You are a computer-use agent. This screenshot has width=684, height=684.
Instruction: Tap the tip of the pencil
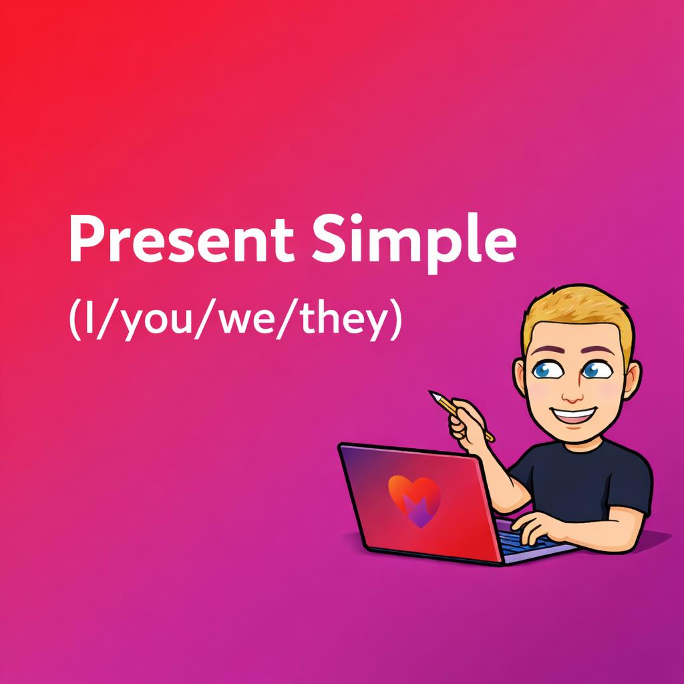(432, 394)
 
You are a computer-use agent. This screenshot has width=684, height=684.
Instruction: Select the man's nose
(572, 394)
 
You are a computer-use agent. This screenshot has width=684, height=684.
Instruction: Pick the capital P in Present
(83, 239)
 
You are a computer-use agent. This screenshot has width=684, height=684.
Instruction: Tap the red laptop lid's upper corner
(342, 446)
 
